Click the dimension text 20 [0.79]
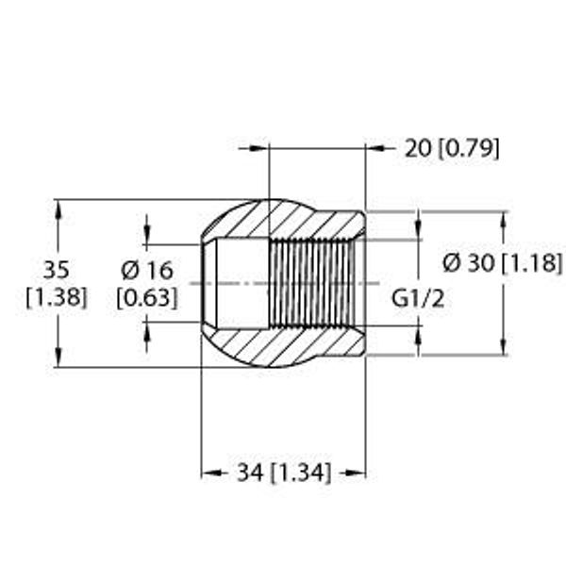point(452,148)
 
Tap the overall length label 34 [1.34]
point(283,473)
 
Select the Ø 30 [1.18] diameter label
point(503,263)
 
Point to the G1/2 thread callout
point(418,299)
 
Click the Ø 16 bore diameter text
point(147,271)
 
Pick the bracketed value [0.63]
point(147,298)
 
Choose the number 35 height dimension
point(56,270)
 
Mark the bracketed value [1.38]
point(57,298)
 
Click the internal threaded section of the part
point(311,283)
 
